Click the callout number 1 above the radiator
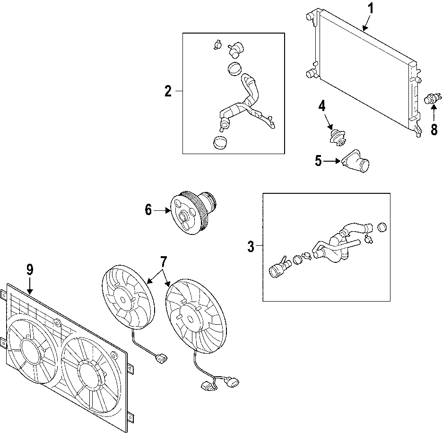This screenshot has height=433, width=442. pyautogui.click(x=371, y=9)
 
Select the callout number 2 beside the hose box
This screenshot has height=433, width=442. pyautogui.click(x=168, y=91)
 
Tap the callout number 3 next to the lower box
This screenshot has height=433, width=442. pyautogui.click(x=251, y=246)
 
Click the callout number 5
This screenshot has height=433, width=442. pyautogui.click(x=318, y=161)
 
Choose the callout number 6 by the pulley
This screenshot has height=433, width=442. pyautogui.click(x=148, y=210)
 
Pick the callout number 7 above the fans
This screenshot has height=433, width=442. pyautogui.click(x=164, y=262)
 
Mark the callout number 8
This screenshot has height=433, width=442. pyautogui.click(x=434, y=130)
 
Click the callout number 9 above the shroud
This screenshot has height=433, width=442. pyautogui.click(x=30, y=269)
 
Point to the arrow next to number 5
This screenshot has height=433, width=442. pyautogui.click(x=332, y=161)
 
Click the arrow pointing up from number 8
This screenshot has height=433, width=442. pyautogui.click(x=434, y=113)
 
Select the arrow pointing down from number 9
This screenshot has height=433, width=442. pyautogui.click(x=30, y=286)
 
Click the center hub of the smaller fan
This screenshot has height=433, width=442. pyautogui.click(x=123, y=300)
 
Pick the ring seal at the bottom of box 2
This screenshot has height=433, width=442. pyautogui.click(x=221, y=143)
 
